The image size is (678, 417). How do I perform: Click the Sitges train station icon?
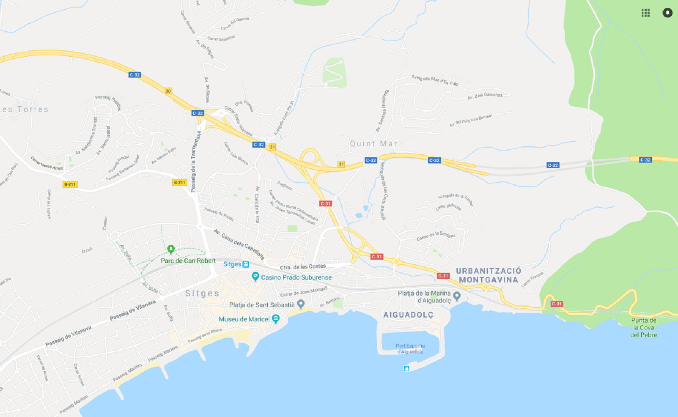246,264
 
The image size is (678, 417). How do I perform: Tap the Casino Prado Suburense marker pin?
255,276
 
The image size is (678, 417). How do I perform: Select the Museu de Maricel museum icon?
275,319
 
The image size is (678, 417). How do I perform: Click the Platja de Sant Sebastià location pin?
301,304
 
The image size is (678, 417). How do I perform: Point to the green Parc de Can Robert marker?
171,249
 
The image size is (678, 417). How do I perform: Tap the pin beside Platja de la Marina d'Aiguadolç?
457,296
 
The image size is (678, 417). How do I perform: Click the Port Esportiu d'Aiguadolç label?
410,349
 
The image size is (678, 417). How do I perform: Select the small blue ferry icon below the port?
406,368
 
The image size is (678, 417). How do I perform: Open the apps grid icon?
645,13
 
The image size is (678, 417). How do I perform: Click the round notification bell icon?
667,13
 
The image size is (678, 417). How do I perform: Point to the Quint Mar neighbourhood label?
373,144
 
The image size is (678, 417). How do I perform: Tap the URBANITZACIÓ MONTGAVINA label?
489,275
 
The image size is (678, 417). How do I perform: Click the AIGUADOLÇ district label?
408,315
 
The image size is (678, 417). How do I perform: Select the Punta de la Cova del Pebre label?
643,327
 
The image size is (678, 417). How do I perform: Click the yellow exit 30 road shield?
168,91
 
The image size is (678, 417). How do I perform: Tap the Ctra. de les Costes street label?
302,267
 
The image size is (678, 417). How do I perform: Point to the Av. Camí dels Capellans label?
239,244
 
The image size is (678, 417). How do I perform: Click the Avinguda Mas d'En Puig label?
435,80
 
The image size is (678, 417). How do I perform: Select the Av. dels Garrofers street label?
485,95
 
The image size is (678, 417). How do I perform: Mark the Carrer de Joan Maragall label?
304,291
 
